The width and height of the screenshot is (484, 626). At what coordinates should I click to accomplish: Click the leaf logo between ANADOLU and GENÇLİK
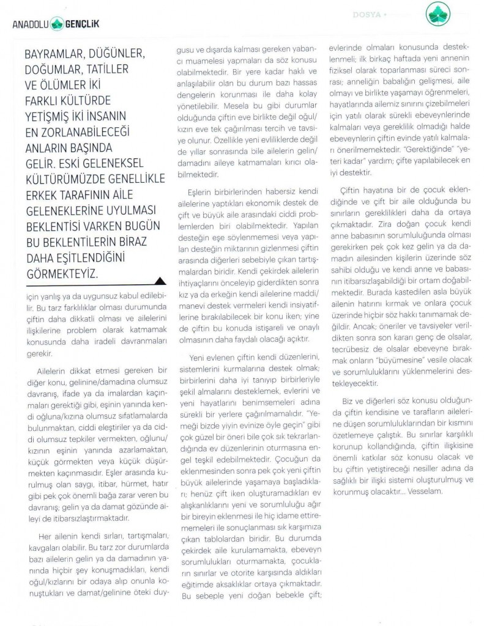coord(56,24)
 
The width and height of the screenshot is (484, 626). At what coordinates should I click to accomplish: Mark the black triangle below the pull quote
coord(160,281)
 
